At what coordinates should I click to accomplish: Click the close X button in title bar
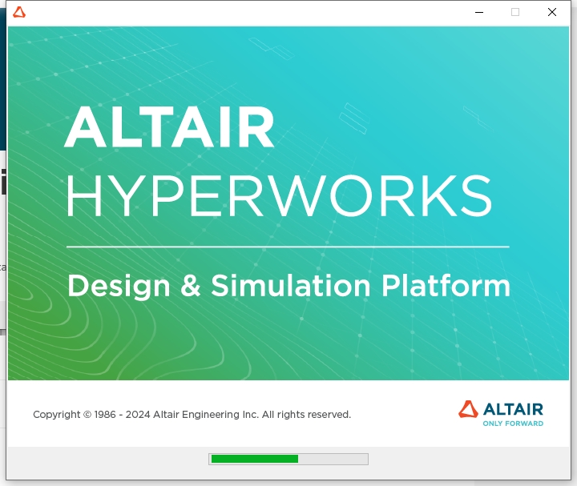coord(552,12)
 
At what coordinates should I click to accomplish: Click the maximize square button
coord(515,12)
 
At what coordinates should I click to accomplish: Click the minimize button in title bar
coord(478,12)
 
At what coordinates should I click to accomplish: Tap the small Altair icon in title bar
coord(19,12)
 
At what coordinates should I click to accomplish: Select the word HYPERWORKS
coord(278,195)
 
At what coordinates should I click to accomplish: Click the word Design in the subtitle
coord(119,286)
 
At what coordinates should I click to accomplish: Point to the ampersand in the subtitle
coord(191,286)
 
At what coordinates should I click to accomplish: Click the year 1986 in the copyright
coord(105,415)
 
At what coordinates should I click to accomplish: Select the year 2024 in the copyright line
coord(138,415)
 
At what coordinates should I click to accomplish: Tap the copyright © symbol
coord(87,415)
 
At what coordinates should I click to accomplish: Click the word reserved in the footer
coord(329,415)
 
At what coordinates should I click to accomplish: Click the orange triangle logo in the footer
coord(468,409)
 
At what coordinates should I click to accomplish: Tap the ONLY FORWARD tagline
coord(513,424)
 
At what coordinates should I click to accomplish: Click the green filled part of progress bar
coord(254,459)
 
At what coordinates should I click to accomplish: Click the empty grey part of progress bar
coord(333,459)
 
